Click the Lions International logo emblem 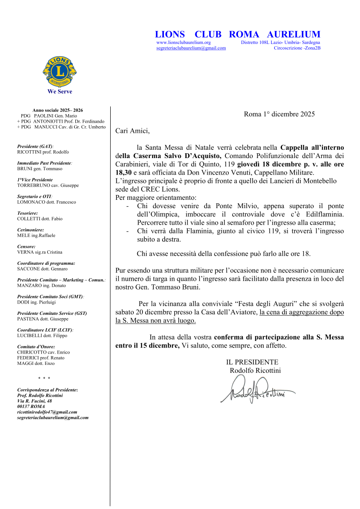click(x=60, y=71)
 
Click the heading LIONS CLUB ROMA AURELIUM click(x=238, y=34)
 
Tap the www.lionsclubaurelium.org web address click(x=183, y=43)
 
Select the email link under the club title click(x=191, y=48)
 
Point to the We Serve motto click(x=60, y=92)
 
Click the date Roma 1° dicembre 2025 click(x=279, y=115)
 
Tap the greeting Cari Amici click(x=132, y=130)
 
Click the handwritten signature click(x=257, y=389)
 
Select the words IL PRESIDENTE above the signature click(x=252, y=362)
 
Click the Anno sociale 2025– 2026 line click(x=58, y=111)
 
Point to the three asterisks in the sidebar click(x=44, y=378)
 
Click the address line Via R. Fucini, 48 click(x=34, y=401)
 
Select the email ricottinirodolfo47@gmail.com click(x=47, y=412)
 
